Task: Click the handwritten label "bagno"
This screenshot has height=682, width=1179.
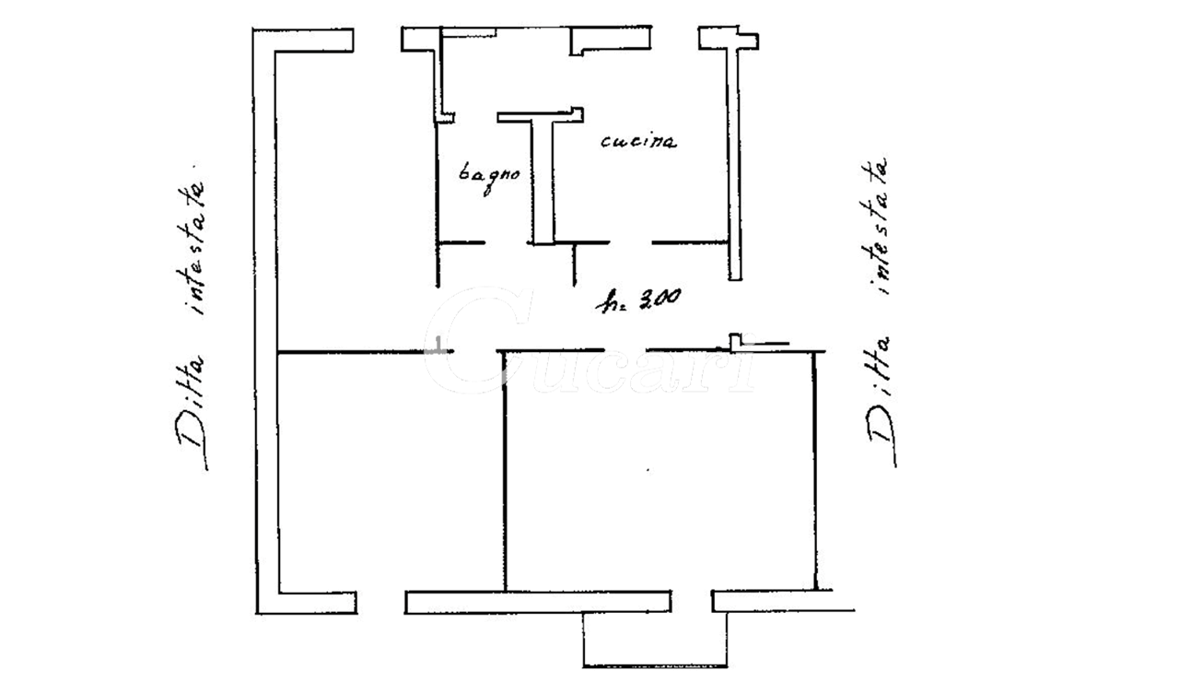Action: point(489,176)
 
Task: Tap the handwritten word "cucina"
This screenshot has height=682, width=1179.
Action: point(638,141)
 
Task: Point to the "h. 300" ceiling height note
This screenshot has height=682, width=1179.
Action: point(638,300)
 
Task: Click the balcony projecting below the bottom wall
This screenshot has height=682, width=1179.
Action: point(655,640)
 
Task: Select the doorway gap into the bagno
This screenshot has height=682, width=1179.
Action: point(506,242)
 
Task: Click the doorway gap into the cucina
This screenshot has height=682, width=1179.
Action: point(631,242)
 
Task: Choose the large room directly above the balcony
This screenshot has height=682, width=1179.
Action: point(659,470)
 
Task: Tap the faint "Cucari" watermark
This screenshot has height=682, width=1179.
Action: point(589,342)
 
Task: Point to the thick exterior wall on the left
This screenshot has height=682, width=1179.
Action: point(266,322)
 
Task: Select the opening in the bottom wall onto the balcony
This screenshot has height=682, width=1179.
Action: point(692,602)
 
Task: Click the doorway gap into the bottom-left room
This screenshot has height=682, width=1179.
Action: point(474,351)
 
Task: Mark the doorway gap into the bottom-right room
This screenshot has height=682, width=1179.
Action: point(625,350)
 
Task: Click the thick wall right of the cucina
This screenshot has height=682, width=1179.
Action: point(734,158)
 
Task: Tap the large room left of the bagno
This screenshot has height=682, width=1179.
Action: point(356,200)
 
